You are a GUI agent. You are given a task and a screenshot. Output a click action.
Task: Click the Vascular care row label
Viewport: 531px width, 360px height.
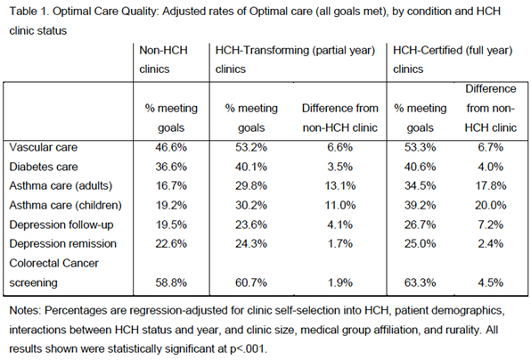[44, 147]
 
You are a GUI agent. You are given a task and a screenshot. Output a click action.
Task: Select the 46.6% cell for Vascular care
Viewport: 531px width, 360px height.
[171, 147]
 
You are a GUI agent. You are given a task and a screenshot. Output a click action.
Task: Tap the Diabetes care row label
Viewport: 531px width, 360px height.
[44, 167]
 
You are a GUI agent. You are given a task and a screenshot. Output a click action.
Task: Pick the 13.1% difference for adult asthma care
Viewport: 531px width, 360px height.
[340, 185]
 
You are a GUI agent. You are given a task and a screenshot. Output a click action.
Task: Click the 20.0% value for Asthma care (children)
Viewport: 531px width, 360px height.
[490, 205]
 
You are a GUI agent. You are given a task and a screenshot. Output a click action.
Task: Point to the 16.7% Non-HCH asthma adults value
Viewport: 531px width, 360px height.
[171, 185]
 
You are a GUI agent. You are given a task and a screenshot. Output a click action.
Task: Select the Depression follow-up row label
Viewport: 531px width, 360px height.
[61, 225]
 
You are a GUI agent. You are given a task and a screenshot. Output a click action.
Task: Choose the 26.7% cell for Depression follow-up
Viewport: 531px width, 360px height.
[420, 225]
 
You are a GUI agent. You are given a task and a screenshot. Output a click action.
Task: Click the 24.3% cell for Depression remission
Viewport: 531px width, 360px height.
[251, 243]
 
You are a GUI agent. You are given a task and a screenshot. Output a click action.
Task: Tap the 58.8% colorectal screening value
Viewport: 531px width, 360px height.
[171, 282]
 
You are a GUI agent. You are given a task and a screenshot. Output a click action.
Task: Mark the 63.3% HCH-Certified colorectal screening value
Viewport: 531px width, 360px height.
[420, 282]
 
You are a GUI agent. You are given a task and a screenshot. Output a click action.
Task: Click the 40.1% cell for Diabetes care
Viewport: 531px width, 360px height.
[251, 167]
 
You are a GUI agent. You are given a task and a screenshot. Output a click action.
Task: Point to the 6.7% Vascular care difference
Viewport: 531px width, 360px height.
[490, 147]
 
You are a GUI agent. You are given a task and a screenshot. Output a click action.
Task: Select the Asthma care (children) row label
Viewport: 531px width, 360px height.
[65, 205]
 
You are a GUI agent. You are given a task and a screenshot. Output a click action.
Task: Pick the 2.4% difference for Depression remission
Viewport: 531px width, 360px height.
[490, 243]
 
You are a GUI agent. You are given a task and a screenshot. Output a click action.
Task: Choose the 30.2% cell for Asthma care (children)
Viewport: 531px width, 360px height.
[251, 205]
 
